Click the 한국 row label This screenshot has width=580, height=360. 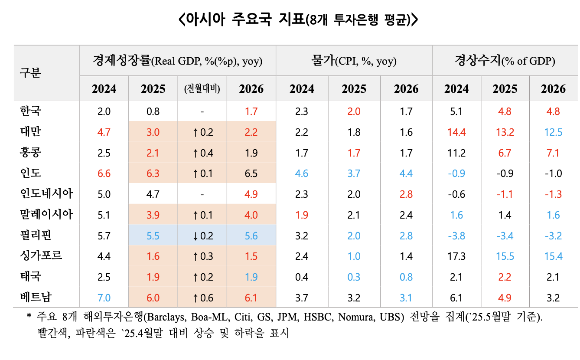pos(30,111)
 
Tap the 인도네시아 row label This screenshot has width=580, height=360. pos(46,194)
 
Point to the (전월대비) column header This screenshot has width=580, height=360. pos(202,89)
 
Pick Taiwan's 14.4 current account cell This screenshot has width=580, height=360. pos(456,132)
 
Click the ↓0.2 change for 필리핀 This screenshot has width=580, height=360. pos(202,236)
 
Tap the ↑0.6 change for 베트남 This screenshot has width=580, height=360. pos(202,298)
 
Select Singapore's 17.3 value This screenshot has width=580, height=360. pos(456,256)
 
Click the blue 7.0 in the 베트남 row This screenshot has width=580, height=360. pos(104,298)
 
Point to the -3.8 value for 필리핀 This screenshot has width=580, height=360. pos(456,236)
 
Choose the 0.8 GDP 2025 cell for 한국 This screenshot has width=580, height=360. pos(153,111)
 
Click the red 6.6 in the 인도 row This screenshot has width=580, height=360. pos(104,173)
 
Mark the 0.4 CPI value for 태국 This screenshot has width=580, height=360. pos(302,277)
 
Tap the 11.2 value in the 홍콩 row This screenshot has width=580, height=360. pos(456,153)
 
